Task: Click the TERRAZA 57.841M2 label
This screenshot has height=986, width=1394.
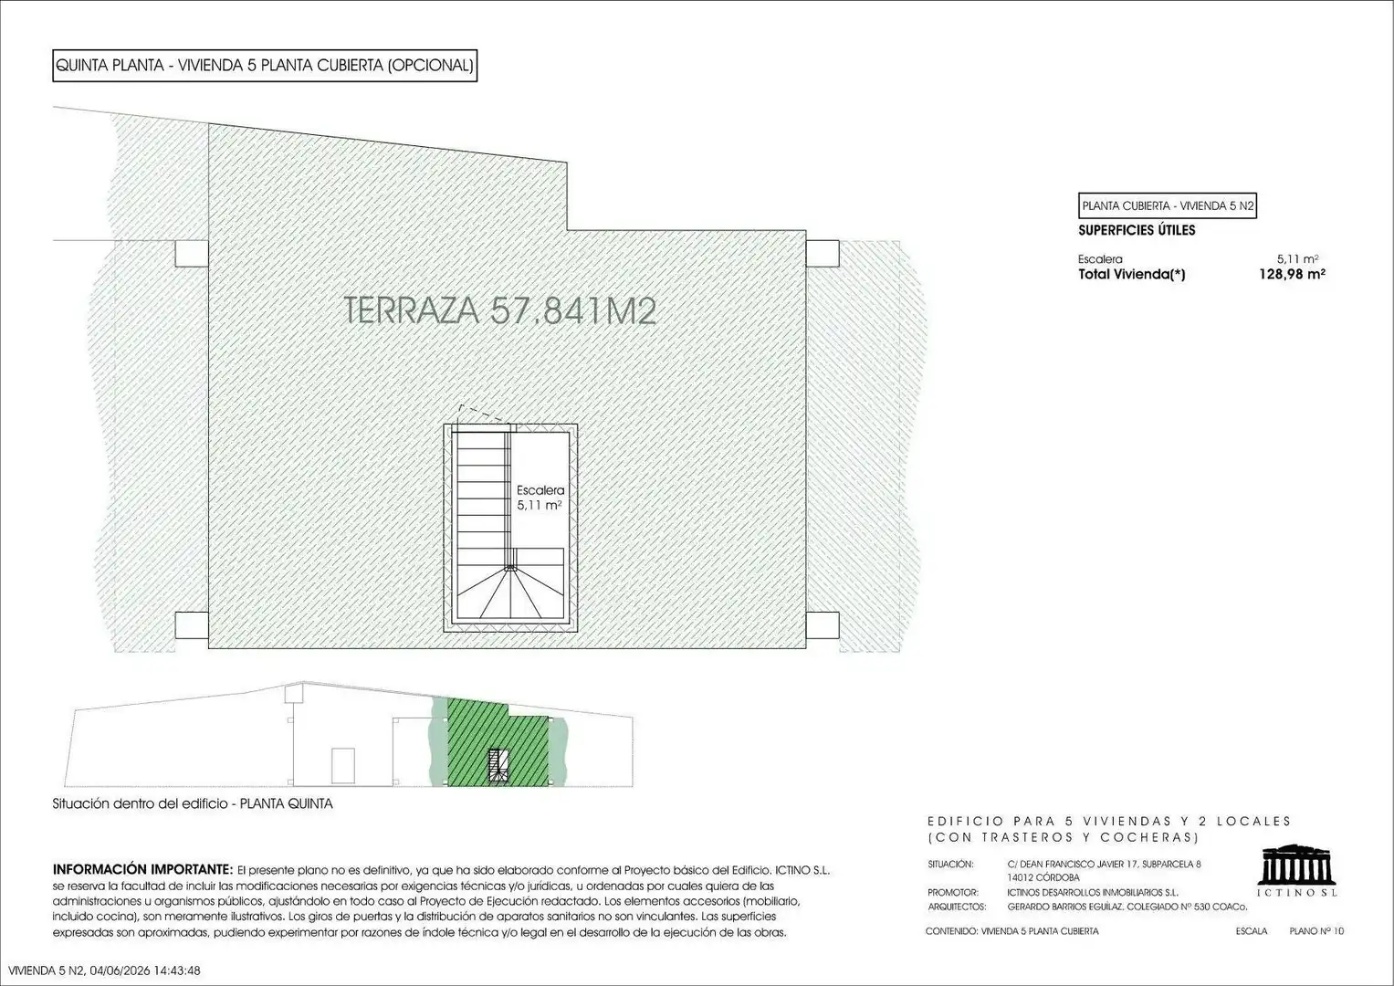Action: click(x=499, y=310)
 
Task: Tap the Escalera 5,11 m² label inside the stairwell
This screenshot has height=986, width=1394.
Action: click(x=540, y=498)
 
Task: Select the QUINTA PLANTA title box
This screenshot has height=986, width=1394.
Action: click(x=265, y=66)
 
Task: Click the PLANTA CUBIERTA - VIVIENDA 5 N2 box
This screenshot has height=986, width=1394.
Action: click(x=1168, y=205)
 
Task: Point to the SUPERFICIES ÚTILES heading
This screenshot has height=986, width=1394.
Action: click(x=1137, y=230)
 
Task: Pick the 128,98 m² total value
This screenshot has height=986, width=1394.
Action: click(x=1292, y=275)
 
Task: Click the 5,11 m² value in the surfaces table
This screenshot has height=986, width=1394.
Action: click(x=1297, y=259)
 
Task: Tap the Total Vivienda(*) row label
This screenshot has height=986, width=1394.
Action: click(x=1131, y=275)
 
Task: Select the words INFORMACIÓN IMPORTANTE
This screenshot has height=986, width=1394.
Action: click(x=142, y=869)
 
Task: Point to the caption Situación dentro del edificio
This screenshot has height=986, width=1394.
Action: click(x=140, y=803)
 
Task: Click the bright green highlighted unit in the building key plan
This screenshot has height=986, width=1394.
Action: click(x=498, y=742)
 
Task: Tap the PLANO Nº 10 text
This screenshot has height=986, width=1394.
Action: click(x=1316, y=931)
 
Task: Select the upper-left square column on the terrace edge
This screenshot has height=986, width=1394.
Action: click(x=191, y=254)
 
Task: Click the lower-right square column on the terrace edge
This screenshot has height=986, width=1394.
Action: click(x=823, y=625)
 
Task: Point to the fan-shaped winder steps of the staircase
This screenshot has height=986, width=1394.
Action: click(x=510, y=592)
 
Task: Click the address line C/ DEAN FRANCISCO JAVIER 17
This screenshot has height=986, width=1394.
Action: click(x=1068, y=864)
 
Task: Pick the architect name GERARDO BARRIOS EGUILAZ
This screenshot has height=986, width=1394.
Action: click(x=1065, y=907)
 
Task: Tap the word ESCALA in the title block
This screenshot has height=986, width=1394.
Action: click(x=1251, y=931)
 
